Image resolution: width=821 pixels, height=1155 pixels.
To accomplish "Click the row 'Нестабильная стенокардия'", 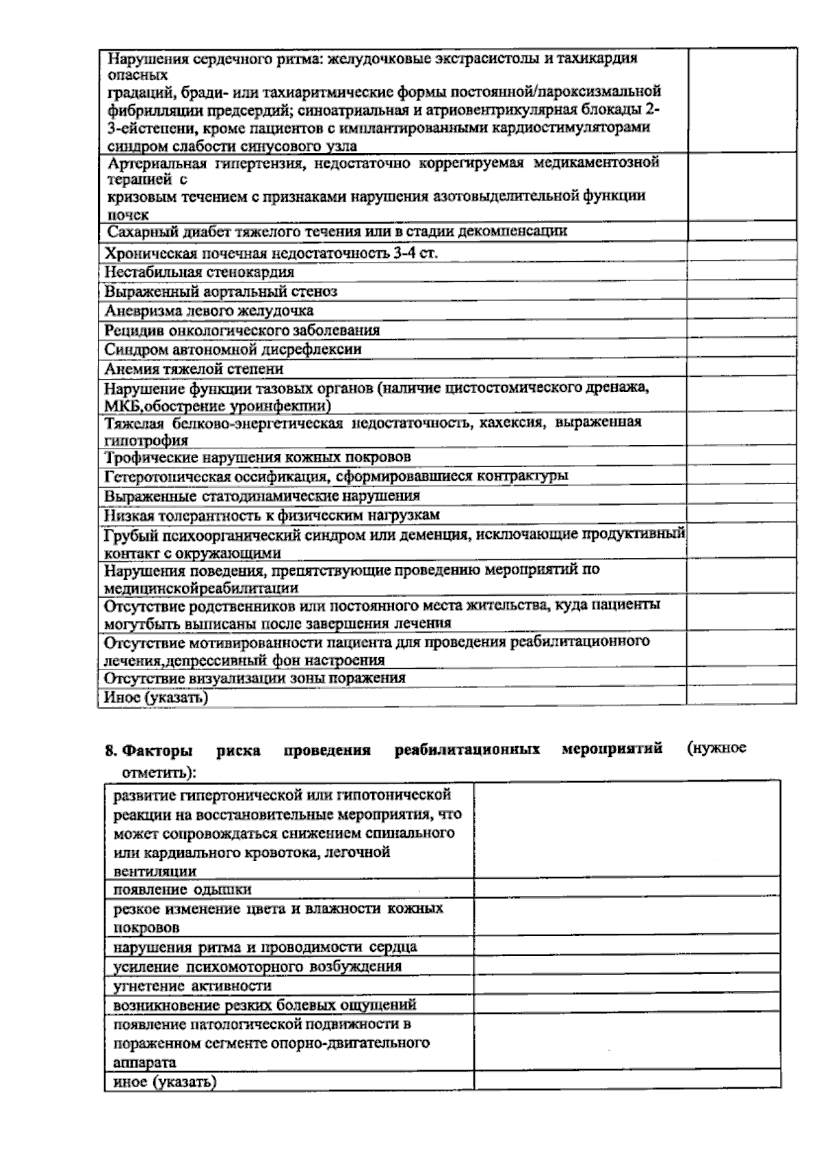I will (x=199, y=272).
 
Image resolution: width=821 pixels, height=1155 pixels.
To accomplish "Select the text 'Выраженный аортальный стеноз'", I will (x=220, y=291).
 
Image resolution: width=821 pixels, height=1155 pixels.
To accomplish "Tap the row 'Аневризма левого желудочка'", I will (x=209, y=310).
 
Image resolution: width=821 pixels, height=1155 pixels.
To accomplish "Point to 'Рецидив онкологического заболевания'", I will (x=242, y=330).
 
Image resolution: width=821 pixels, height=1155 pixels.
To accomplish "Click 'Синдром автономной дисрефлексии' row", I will (x=233, y=349).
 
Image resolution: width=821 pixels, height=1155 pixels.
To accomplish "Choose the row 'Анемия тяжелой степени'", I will (x=194, y=369).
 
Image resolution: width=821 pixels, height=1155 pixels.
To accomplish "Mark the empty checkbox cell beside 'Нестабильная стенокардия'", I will (x=742, y=272).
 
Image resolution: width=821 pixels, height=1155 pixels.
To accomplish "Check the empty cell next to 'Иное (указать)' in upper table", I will (x=742, y=697).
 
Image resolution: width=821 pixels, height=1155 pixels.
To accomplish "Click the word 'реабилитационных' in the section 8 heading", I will (x=467, y=749).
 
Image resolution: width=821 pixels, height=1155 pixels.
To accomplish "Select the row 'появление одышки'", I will (x=182, y=890).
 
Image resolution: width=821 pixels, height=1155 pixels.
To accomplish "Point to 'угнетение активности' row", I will (x=192, y=986).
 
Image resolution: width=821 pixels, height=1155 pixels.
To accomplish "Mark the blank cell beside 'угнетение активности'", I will (x=627, y=985).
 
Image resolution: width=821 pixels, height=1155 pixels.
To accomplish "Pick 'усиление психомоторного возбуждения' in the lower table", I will (x=257, y=967).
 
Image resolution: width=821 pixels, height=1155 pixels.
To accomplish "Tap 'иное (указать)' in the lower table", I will (x=164, y=1082).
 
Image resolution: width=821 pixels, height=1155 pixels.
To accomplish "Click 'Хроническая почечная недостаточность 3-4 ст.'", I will (x=271, y=253).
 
